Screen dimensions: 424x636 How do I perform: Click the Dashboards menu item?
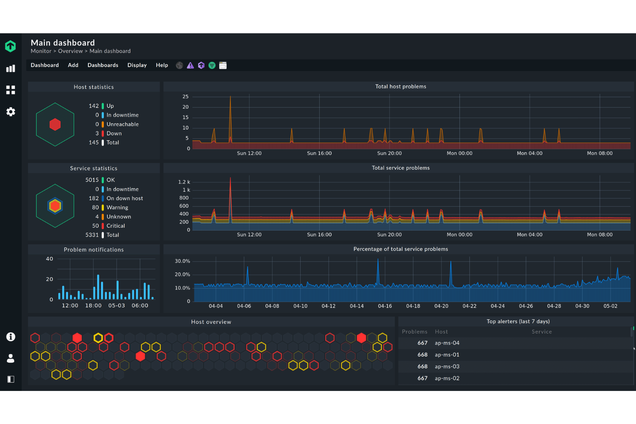click(103, 65)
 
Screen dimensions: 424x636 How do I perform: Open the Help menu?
click(162, 65)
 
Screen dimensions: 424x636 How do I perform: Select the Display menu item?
click(137, 65)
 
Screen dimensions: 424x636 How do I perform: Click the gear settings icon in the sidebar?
click(11, 112)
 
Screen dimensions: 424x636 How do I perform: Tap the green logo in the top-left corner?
click(10, 46)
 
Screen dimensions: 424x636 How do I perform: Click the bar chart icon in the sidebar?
click(11, 68)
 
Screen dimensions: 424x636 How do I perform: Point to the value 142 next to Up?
click(94, 106)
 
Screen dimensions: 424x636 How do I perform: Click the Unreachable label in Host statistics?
click(122, 125)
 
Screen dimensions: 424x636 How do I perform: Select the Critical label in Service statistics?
click(116, 226)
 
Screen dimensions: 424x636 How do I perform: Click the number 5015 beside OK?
click(92, 180)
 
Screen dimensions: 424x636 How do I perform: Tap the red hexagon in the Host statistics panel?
click(55, 125)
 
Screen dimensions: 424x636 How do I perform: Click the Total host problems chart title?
click(401, 86)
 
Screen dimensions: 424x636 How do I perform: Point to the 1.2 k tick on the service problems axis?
click(184, 182)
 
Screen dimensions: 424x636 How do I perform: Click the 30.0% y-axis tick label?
click(182, 261)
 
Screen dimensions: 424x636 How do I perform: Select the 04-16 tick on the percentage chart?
click(385, 306)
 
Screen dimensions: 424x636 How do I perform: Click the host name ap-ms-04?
click(447, 343)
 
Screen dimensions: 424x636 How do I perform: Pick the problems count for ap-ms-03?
click(422, 367)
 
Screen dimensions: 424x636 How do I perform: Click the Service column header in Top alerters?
click(541, 332)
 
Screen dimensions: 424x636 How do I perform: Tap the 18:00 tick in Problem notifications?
click(93, 306)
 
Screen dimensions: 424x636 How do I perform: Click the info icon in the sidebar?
click(11, 337)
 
